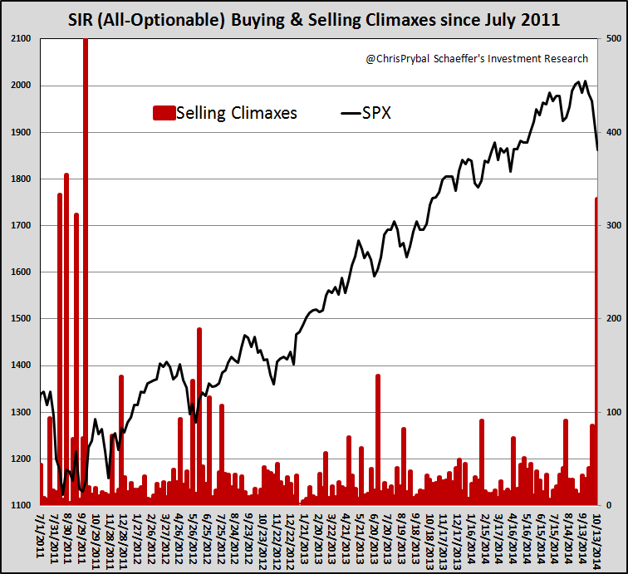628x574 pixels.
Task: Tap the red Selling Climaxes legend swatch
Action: click(x=163, y=112)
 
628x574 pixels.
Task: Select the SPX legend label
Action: click(x=377, y=112)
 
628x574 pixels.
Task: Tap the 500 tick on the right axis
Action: click(x=614, y=39)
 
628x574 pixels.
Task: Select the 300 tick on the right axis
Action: click(x=614, y=225)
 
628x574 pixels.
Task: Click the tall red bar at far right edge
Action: click(x=596, y=349)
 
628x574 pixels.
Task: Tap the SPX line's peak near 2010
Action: click(x=586, y=81)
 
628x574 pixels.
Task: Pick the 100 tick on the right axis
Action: click(x=614, y=412)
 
